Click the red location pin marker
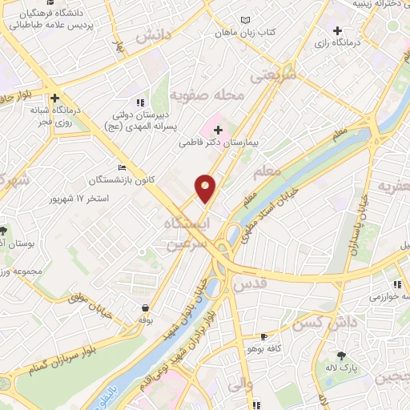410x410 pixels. [206, 188]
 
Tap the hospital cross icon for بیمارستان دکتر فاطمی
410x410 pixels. [218, 130]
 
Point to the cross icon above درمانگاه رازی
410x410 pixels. [337, 31]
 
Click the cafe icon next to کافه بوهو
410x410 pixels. [263, 336]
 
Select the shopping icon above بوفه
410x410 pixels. [145, 307]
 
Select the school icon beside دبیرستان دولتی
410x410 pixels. [141, 102]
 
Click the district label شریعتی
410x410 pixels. [273, 74]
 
